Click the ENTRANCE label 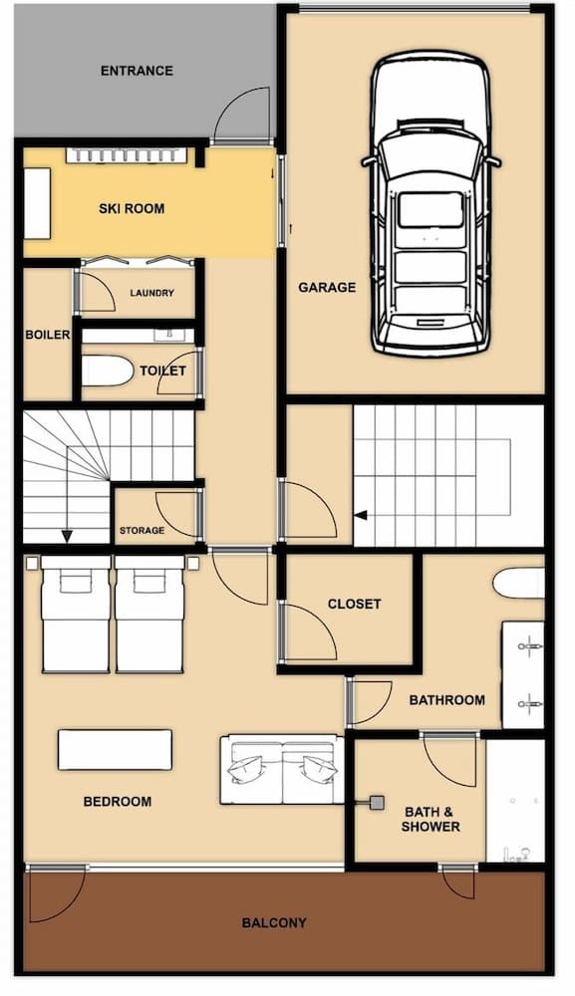point(137,71)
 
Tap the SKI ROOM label point(132,209)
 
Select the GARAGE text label point(327,288)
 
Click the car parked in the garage point(431,204)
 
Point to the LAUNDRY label point(151,293)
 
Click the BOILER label point(47,335)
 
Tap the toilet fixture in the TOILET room point(105,372)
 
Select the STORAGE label point(142,531)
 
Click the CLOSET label point(354,604)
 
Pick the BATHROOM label point(447,700)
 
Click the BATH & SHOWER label point(431,819)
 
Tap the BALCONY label point(274,922)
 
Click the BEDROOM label point(118,801)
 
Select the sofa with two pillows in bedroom point(282,769)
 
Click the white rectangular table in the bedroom point(115,750)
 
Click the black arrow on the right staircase point(361,515)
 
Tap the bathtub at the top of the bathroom point(519,582)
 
